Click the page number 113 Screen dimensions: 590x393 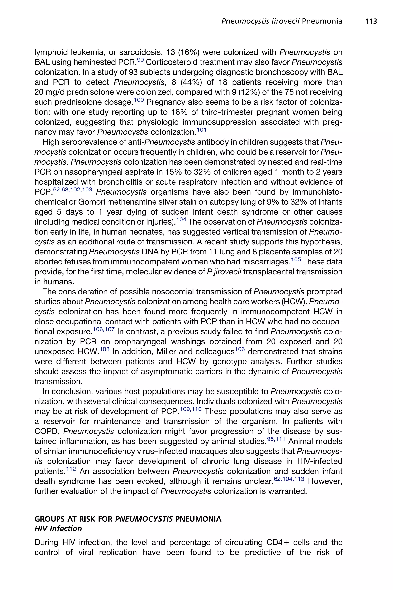pos(371,21)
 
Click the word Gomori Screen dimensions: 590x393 pos(92,202)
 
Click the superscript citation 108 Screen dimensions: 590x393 pos(105,349)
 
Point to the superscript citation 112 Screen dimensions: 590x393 pos(71,469)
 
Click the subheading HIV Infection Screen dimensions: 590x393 pos(58,529)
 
